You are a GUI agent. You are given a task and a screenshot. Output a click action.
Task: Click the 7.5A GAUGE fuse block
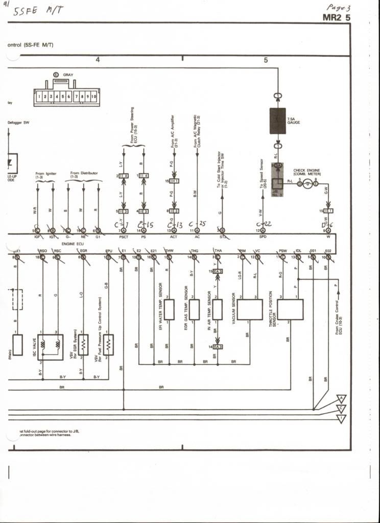(x=277, y=121)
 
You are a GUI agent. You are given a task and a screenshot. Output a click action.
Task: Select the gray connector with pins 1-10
(x=66, y=97)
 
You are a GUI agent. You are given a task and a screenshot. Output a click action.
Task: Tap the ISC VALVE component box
(x=50, y=347)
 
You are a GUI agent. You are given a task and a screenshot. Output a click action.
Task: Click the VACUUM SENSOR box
(x=250, y=310)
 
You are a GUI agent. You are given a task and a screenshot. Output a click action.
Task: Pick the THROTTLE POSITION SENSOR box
(x=290, y=310)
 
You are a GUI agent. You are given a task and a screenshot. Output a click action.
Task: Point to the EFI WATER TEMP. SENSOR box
(x=169, y=310)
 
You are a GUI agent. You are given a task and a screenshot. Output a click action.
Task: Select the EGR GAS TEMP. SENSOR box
(x=194, y=310)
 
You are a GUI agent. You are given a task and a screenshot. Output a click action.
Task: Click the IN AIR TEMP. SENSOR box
(x=218, y=310)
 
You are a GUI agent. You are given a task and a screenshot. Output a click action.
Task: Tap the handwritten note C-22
(x=264, y=224)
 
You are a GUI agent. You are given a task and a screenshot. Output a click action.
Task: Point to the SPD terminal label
(x=263, y=237)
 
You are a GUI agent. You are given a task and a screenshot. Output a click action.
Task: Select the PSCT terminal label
(x=123, y=237)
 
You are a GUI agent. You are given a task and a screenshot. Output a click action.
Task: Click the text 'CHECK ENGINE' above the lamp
(x=306, y=170)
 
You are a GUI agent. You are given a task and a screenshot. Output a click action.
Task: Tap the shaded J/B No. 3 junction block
(x=277, y=184)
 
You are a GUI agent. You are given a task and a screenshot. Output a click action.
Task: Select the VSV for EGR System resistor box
(x=83, y=345)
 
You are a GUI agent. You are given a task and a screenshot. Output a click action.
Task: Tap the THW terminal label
(x=169, y=251)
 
